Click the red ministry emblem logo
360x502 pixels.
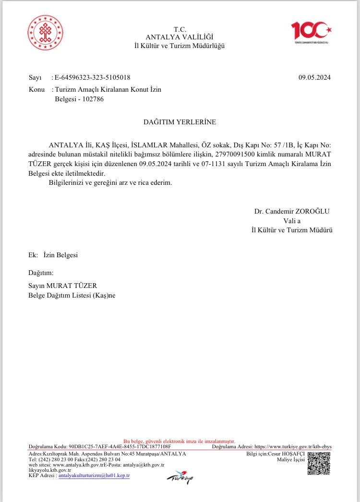pyautogui.click(x=46, y=33)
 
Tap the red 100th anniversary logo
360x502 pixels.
pyautogui.click(x=312, y=32)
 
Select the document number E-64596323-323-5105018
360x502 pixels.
pyautogui.click(x=92, y=77)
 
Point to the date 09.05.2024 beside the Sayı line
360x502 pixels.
pyautogui.click(x=314, y=77)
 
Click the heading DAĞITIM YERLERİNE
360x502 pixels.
pyautogui.click(x=180, y=122)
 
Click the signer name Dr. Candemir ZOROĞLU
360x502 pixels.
pyautogui.click(x=292, y=211)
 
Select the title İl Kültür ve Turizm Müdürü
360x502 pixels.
pyautogui.click(x=292, y=230)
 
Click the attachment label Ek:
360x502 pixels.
pyautogui.click(x=33, y=255)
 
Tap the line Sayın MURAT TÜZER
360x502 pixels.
pyautogui.click(x=63, y=286)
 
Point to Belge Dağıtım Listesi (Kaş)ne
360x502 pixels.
pyautogui.click(x=72, y=295)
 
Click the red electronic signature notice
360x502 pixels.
pyautogui.click(x=180, y=441)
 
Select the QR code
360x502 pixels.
pyautogui.click(x=319, y=463)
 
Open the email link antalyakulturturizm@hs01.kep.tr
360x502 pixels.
pyautogui.click(x=94, y=476)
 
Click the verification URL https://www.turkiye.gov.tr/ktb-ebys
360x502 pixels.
pyautogui.click(x=293, y=446)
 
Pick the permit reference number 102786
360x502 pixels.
pyautogui.click(x=93, y=99)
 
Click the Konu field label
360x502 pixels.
pyautogui.click(x=36, y=90)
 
